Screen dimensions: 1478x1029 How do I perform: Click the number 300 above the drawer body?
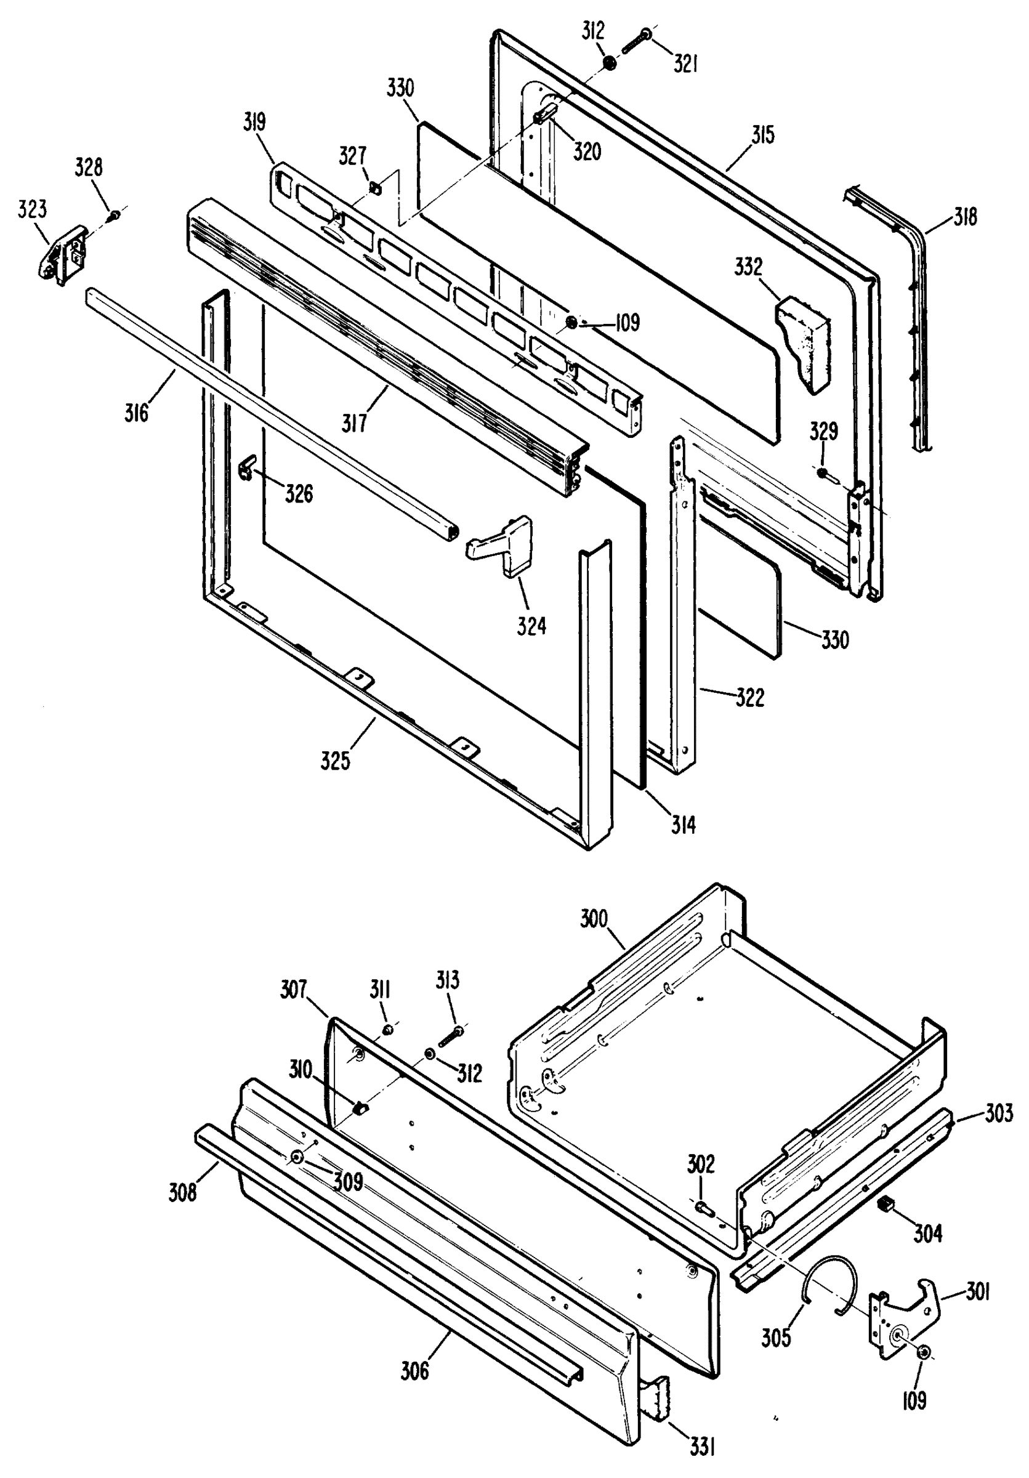point(594,919)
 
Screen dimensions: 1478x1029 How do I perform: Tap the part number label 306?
point(414,1372)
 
